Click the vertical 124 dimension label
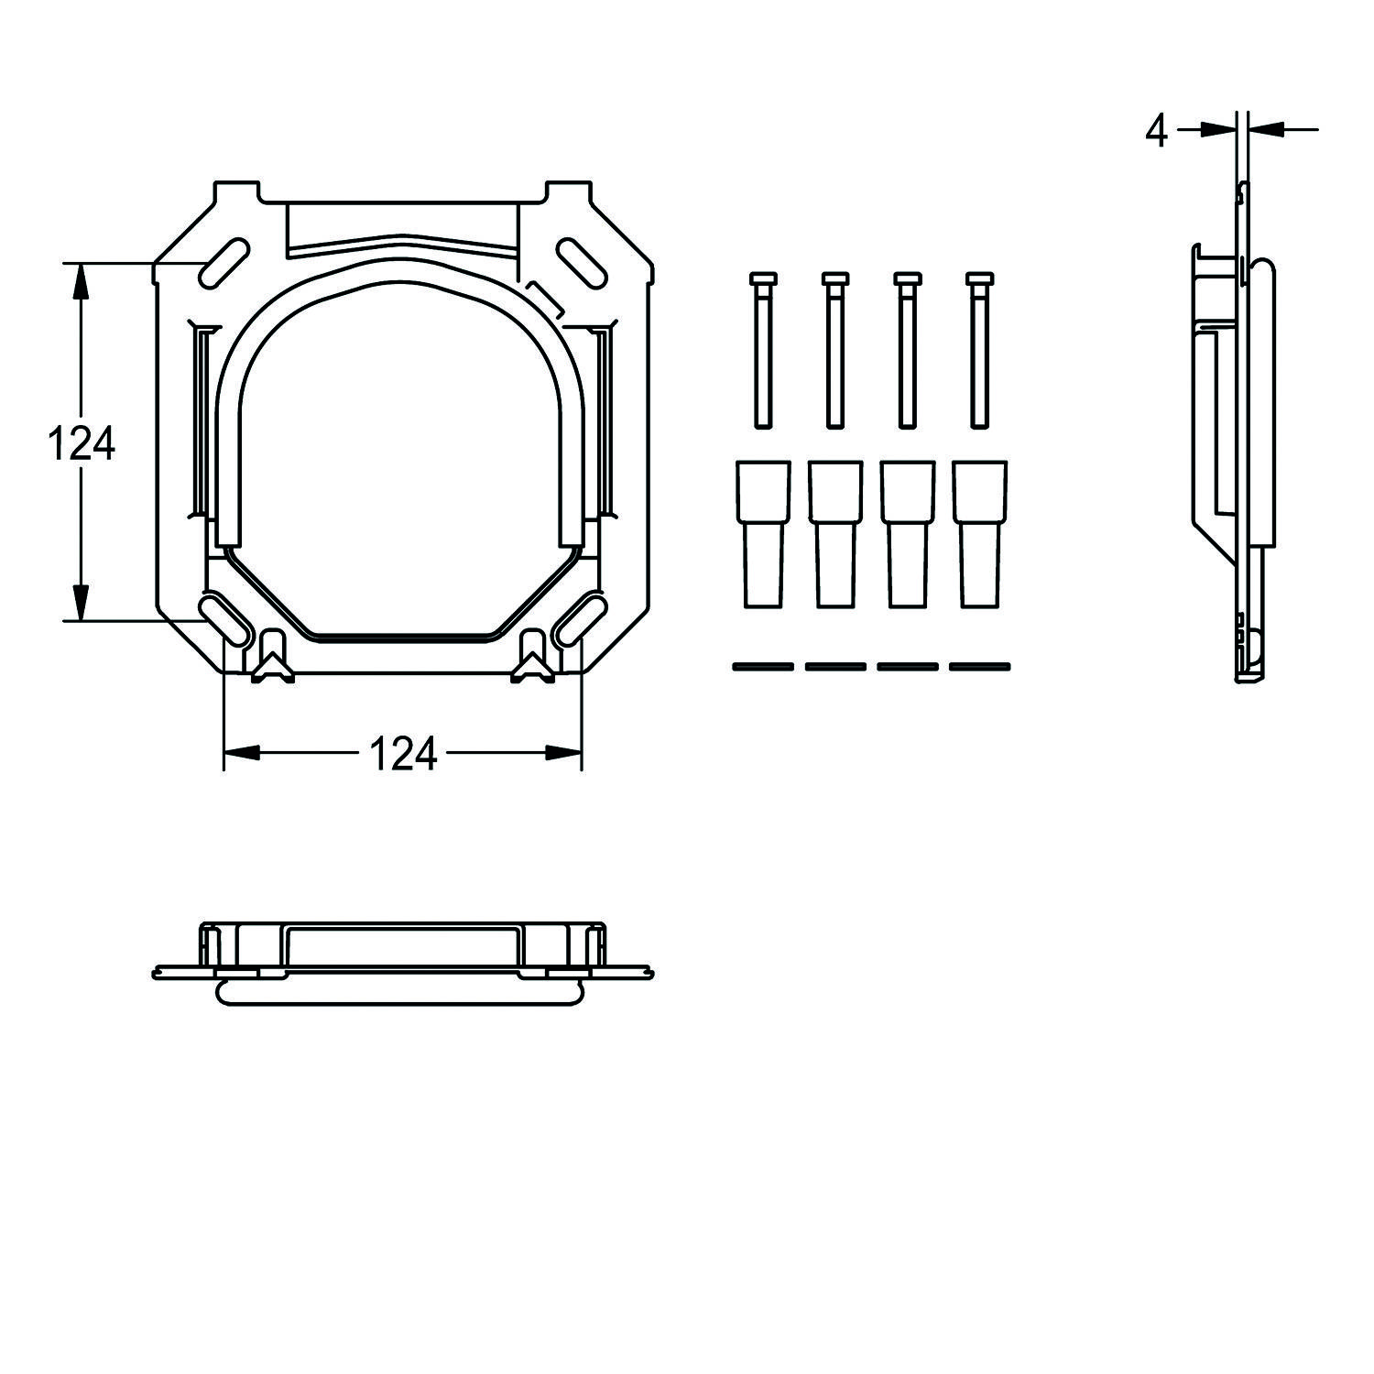(81, 445)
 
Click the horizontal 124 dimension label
(403, 754)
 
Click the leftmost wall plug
(762, 533)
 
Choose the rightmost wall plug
(979, 533)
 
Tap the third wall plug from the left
(907, 533)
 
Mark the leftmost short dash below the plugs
(762, 667)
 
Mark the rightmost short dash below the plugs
(979, 667)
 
